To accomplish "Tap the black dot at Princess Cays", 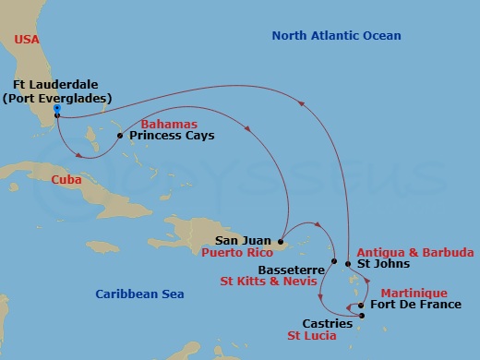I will point(120,136).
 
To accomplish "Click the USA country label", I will point(27,40).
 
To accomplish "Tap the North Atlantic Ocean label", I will point(336,36).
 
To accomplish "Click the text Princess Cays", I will point(172,136).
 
